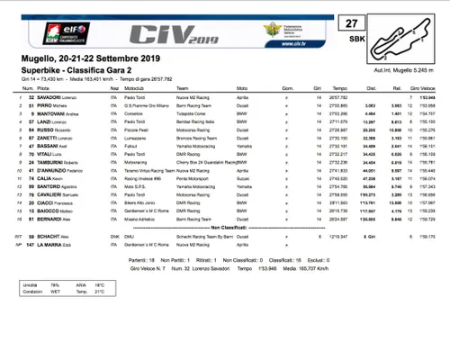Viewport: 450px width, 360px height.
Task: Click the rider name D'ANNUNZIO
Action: [49, 194]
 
